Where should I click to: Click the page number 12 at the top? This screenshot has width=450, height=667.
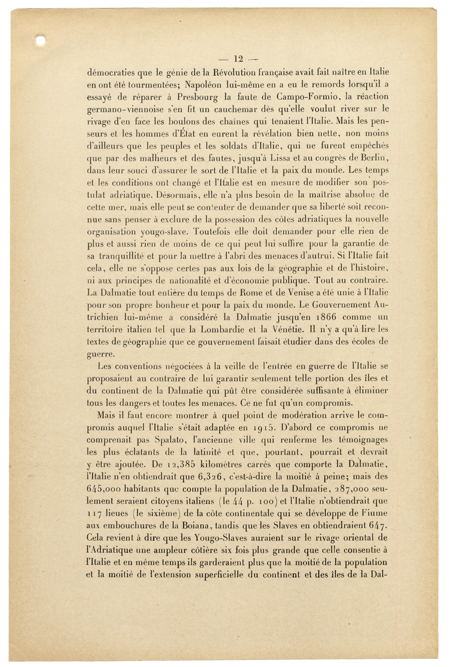coord(238,58)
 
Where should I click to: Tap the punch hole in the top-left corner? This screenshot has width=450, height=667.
coord(41,41)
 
